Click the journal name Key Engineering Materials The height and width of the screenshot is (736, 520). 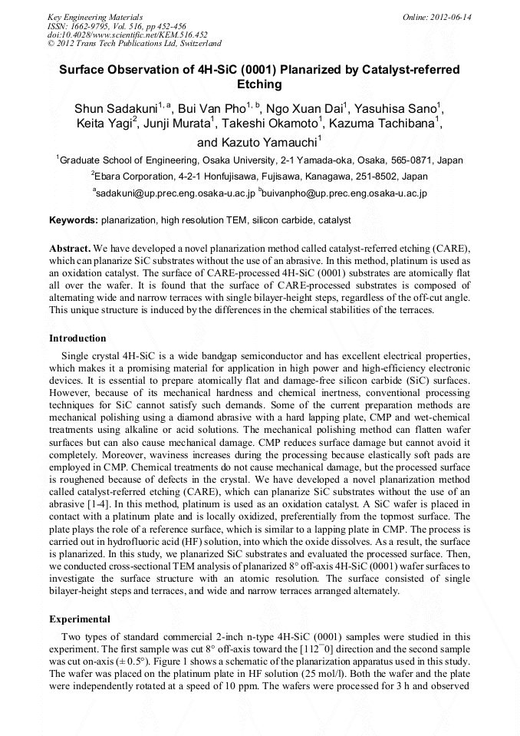pyautogui.click(x=95, y=16)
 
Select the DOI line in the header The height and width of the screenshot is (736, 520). pyautogui.click(x=127, y=35)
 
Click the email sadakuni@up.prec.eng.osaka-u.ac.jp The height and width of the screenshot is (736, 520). pyautogui.click(x=174, y=194)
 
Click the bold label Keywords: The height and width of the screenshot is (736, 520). pyautogui.click(x=74, y=220)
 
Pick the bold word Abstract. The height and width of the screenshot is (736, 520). pyautogui.click(x=70, y=249)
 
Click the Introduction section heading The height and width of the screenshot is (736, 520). pyautogui.click(x=77, y=338)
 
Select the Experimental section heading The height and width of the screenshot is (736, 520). pyautogui.click(x=80, y=619)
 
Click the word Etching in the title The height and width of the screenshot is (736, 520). pyautogui.click(x=260, y=84)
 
